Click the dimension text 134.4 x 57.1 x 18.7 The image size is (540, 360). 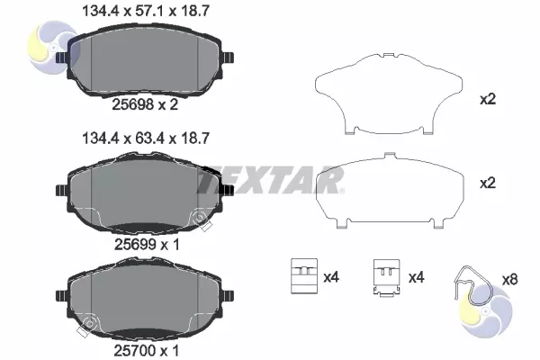146,12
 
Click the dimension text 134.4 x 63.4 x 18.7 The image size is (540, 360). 146,139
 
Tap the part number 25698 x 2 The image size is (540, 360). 145,104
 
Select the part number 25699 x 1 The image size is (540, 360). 147,245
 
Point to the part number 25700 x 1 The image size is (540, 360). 147,351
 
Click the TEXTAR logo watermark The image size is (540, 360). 270,180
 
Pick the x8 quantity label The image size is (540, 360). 509,279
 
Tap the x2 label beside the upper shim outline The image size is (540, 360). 488,100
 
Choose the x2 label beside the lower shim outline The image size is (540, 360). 488,183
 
